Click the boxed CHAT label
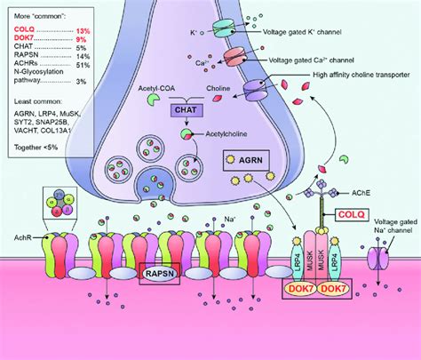tap(187, 111)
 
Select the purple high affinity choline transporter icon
tap(256, 90)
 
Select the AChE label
tap(360, 191)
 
